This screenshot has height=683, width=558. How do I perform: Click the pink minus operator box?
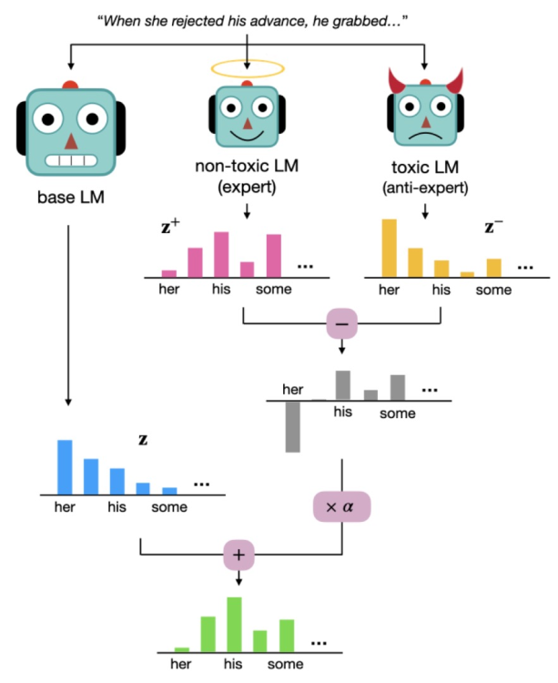click(x=341, y=323)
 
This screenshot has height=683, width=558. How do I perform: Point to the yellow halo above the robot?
click(x=247, y=69)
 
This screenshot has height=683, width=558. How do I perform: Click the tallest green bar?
click(x=234, y=623)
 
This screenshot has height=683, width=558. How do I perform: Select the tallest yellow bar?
click(x=389, y=247)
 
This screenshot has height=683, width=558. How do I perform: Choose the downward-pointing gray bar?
click(x=292, y=426)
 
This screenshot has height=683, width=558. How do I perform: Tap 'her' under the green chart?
click(x=181, y=664)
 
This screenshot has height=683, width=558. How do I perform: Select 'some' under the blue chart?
click(x=169, y=507)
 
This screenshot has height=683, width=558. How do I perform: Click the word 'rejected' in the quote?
click(x=209, y=20)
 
